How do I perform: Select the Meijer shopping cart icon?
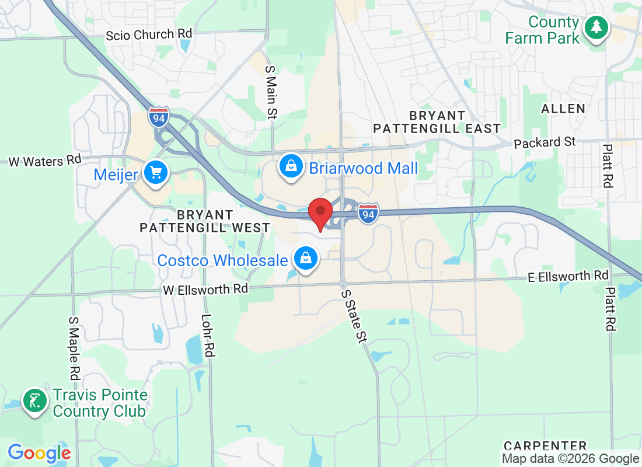tap(155, 173)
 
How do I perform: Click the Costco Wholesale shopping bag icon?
tap(305, 258)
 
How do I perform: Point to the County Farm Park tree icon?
tap(595, 27)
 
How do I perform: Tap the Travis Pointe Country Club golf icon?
tap(35, 401)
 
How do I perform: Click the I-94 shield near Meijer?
tap(158, 117)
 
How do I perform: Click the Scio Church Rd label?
tap(148, 35)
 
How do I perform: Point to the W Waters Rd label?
tap(44, 161)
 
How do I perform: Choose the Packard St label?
tap(545, 142)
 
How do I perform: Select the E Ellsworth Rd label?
tap(568, 276)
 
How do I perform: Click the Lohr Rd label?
tap(207, 336)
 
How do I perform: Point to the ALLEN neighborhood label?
tap(563, 109)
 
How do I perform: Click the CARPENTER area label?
tap(545, 447)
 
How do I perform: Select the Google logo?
tap(39, 453)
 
